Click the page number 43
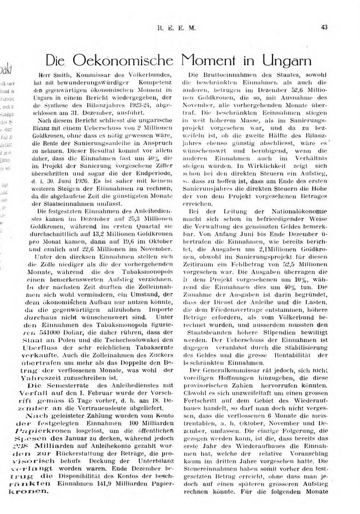pyautogui.click(x=323, y=26)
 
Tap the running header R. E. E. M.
pyautogui.click(x=180, y=26)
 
